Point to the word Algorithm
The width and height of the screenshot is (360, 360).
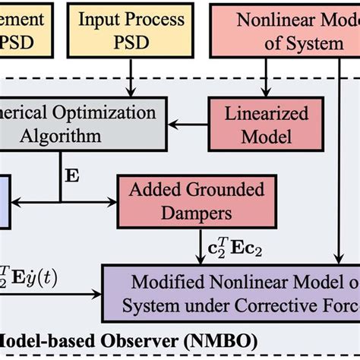click(x=55, y=137)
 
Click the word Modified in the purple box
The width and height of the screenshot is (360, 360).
click(x=171, y=281)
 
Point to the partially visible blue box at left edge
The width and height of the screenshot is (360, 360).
click(x=5, y=201)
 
